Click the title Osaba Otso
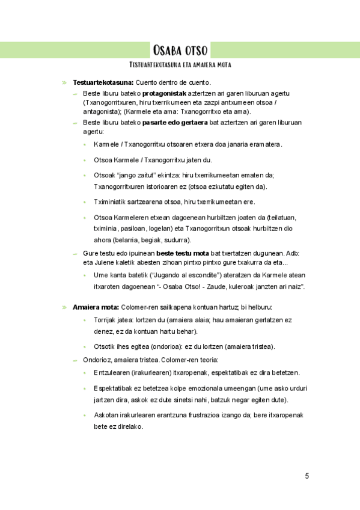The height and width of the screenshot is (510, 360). pyautogui.click(x=180, y=49)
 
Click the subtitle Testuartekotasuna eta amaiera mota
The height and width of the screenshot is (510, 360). pyautogui.click(x=180, y=64)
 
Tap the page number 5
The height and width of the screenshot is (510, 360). pyautogui.click(x=307, y=476)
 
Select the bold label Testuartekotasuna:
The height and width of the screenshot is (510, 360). pyautogui.click(x=103, y=82)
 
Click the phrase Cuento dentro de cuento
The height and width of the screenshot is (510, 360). pyautogui.click(x=174, y=82)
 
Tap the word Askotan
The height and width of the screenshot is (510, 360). pyautogui.click(x=106, y=416)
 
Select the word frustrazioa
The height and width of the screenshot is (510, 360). pyautogui.click(x=213, y=416)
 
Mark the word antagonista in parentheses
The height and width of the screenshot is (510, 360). pyautogui.click(x=101, y=112)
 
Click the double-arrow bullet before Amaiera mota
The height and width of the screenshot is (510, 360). pyautogui.click(x=64, y=307)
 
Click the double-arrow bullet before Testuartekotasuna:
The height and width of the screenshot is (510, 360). pyautogui.click(x=64, y=82)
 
